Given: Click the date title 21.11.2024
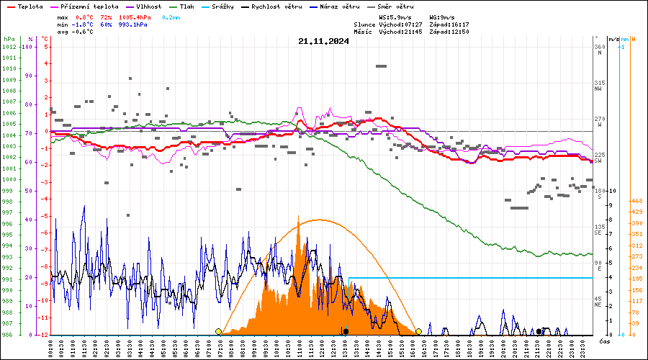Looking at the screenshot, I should coord(323,41).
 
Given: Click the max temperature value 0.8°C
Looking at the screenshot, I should coord(84,16).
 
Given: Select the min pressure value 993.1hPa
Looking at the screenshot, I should coord(134,24).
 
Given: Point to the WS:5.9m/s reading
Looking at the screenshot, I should coord(395,16).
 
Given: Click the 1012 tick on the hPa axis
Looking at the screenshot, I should coord(9,47).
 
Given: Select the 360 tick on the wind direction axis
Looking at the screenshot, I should coord(599,47).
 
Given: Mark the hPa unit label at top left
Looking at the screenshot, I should coord(9,39).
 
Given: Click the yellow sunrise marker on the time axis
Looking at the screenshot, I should coord(218,331).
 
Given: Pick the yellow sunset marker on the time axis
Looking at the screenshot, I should coord(418,331).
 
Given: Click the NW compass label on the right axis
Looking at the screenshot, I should coord(598,90).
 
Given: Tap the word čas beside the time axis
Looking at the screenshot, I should coord(605,341).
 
